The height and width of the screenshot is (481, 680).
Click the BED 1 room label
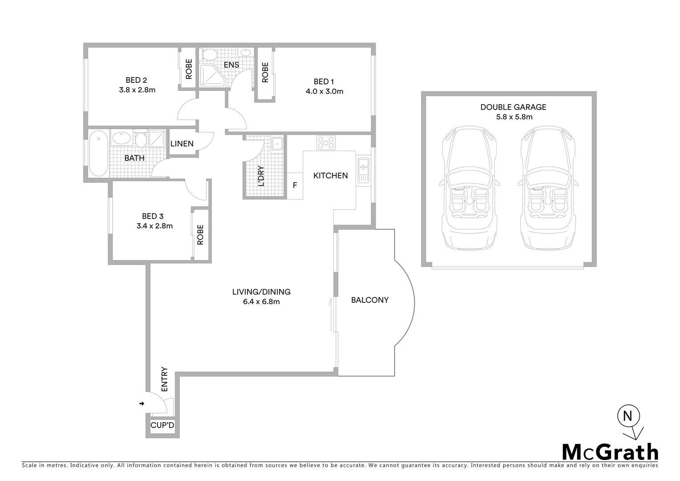click(324, 82)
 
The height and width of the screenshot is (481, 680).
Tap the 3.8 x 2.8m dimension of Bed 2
click(137, 90)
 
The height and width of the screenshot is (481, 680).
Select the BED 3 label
click(153, 216)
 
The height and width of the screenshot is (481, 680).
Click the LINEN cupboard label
click(182, 143)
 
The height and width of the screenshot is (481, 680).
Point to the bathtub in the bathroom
click(98, 154)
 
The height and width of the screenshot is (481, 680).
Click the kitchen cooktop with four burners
click(326, 143)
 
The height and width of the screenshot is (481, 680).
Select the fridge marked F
click(295, 185)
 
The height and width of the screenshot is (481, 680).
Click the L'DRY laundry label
click(261, 175)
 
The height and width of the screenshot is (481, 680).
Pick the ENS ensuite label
click(231, 65)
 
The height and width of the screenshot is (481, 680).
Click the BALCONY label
click(370, 300)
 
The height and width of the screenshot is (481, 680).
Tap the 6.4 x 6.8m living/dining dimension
click(261, 302)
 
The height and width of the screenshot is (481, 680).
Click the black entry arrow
click(142, 404)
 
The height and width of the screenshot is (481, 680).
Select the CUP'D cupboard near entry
click(162, 425)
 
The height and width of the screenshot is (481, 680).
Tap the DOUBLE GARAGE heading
click(513, 107)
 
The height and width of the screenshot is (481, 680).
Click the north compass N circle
click(628, 416)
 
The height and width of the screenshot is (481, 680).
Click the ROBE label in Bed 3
click(200, 234)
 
